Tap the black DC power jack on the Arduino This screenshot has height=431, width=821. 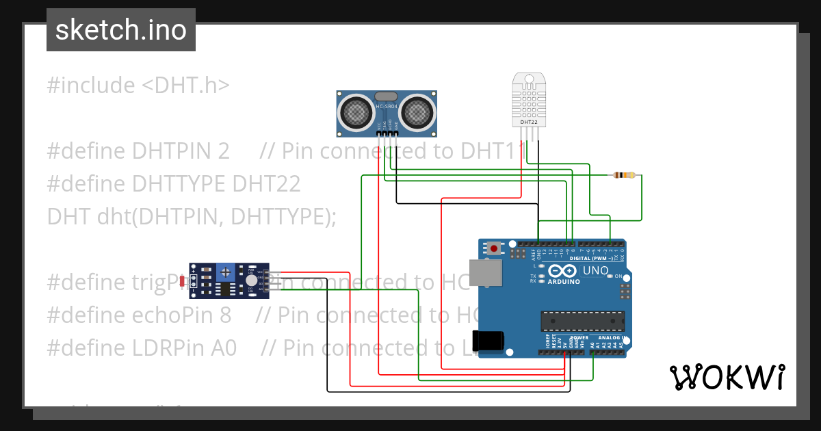tap(490, 340)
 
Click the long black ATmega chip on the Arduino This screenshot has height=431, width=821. tap(582, 319)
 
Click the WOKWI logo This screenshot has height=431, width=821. tap(727, 377)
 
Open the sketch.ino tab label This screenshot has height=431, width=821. tap(121, 30)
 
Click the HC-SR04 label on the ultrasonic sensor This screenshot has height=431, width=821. tap(387, 106)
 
